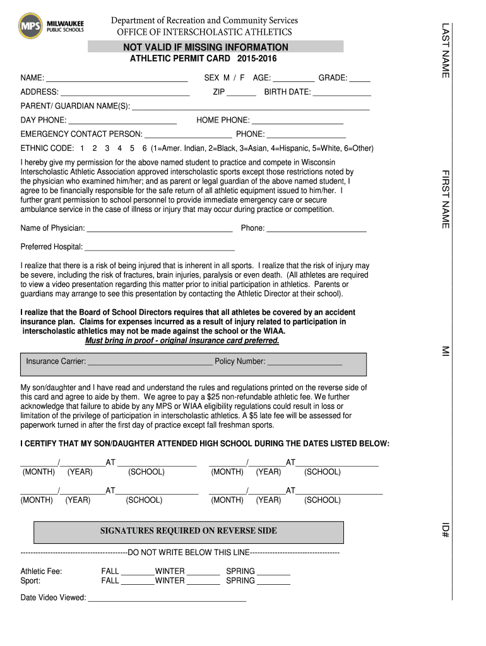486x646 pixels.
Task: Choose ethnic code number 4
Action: click(x=119, y=149)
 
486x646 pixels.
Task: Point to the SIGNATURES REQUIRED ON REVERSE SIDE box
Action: click(x=188, y=531)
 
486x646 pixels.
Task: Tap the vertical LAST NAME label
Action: click(x=445, y=50)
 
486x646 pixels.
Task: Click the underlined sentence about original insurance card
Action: click(x=182, y=341)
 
